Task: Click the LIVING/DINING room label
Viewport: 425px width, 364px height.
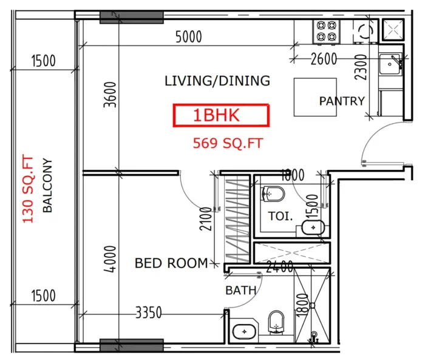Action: pyautogui.click(x=217, y=81)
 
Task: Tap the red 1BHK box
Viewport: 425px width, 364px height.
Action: pyautogui.click(x=221, y=115)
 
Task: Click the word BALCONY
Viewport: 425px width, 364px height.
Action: pyautogui.click(x=47, y=186)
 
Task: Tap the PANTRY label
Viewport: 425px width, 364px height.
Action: pyautogui.click(x=342, y=101)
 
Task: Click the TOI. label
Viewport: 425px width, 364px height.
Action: pyautogui.click(x=280, y=216)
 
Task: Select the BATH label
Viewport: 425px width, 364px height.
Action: pyautogui.click(x=240, y=291)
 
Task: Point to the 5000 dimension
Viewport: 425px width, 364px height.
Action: pyautogui.click(x=188, y=38)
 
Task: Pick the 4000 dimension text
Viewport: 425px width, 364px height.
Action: pyautogui.click(x=110, y=260)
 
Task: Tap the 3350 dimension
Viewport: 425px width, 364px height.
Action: pyautogui.click(x=148, y=313)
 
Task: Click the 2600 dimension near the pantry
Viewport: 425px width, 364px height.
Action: pyautogui.click(x=323, y=59)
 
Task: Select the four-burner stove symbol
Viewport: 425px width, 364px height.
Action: pyautogui.click(x=327, y=31)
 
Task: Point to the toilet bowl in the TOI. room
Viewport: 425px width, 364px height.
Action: pyautogui.click(x=273, y=194)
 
